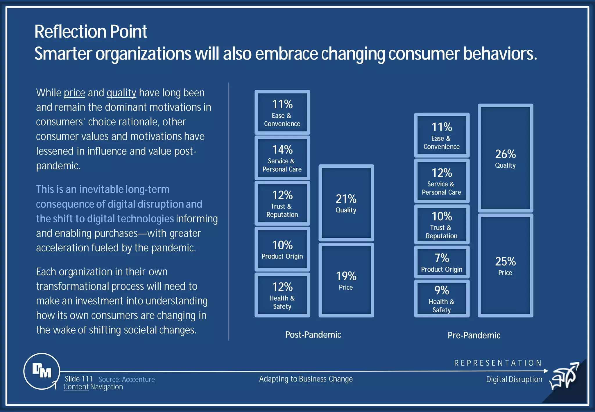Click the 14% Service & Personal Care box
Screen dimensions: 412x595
pos(282,158)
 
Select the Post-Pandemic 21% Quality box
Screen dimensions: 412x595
pos(346,203)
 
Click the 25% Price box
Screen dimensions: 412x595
pos(505,266)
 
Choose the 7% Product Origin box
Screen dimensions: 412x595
pos(442,262)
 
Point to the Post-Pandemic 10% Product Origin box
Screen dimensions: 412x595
pos(282,249)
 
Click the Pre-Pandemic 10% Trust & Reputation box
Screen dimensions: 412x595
pos(442,225)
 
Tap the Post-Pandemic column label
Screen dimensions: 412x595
pos(313,335)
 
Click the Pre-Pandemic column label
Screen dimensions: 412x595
pos(474,335)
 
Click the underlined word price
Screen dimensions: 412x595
pos(74,93)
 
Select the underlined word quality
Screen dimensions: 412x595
pos(121,93)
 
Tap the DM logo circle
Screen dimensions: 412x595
pos(42,371)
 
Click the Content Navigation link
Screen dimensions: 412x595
pos(93,387)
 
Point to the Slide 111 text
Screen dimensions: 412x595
pos(78,379)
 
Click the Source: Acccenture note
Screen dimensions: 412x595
pos(127,379)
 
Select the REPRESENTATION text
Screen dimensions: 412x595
pos(498,363)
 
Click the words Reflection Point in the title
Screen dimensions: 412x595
pos(91,31)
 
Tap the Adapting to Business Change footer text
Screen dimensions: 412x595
pos(306,379)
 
